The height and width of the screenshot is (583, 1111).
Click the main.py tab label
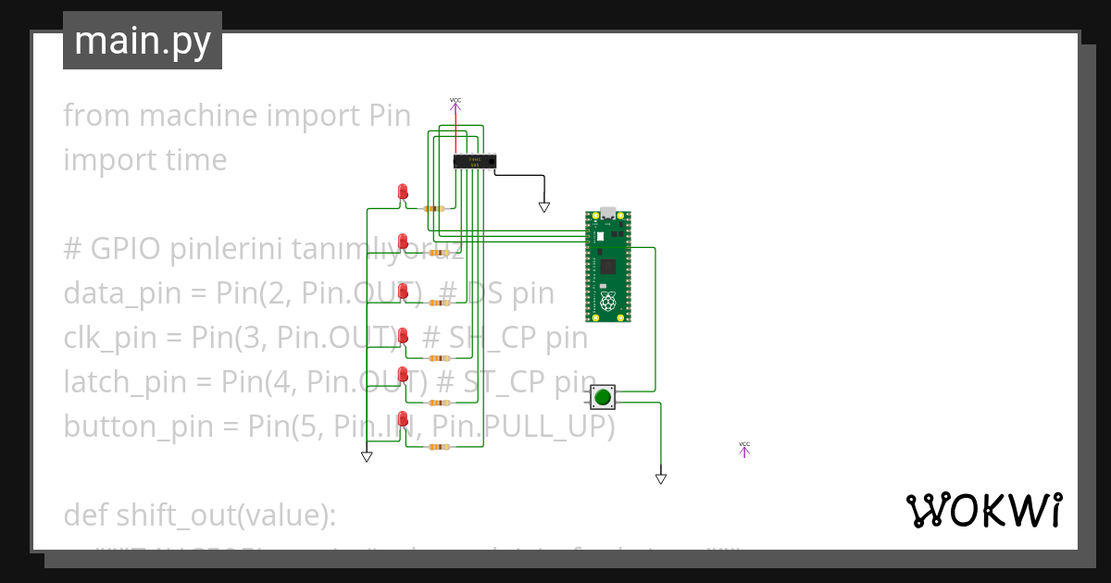pos(142,41)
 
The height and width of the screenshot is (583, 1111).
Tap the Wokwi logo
pos(983,510)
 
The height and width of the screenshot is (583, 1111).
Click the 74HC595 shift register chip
pos(475,161)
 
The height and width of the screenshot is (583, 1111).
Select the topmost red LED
pos(403,192)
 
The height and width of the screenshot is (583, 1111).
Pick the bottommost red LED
pos(403,418)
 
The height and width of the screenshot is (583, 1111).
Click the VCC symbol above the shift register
pos(456,104)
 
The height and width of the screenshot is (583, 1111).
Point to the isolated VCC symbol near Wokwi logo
pos(744,449)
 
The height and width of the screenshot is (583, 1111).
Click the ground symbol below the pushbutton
pos(661,478)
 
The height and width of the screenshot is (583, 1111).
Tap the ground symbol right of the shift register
pos(544,207)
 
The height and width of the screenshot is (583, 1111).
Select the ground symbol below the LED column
pos(367,456)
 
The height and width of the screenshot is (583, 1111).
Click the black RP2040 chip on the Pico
pos(608,267)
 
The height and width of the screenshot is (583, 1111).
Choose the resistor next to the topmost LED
pos(433,208)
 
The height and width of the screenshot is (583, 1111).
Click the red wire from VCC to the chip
pos(456,134)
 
